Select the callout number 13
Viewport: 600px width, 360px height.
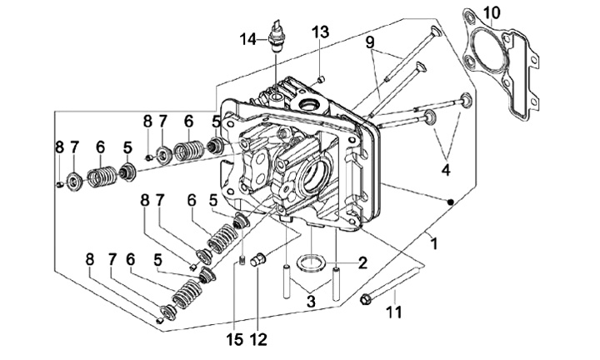pyautogui.click(x=320, y=32)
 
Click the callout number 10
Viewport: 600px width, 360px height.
pyautogui.click(x=492, y=13)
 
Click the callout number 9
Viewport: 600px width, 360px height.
pyautogui.click(x=370, y=42)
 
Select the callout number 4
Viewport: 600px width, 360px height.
pyautogui.click(x=446, y=169)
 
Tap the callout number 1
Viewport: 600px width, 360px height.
pyautogui.click(x=433, y=243)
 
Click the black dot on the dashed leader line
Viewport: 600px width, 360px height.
pyautogui.click(x=451, y=202)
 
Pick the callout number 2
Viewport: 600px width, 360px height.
pyautogui.click(x=362, y=262)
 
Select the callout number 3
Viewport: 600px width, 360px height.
pyautogui.click(x=311, y=301)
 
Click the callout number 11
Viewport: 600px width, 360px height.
pyautogui.click(x=394, y=312)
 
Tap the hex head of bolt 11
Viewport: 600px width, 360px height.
pyautogui.click(x=365, y=299)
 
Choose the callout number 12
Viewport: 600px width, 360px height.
pyautogui.click(x=258, y=339)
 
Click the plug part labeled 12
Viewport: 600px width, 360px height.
pyautogui.click(x=257, y=260)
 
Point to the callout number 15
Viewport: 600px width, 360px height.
pyautogui.click(x=234, y=339)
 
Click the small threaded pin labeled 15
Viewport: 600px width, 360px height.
pyautogui.click(x=242, y=260)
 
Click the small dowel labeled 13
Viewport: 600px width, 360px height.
pyautogui.click(x=322, y=79)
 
